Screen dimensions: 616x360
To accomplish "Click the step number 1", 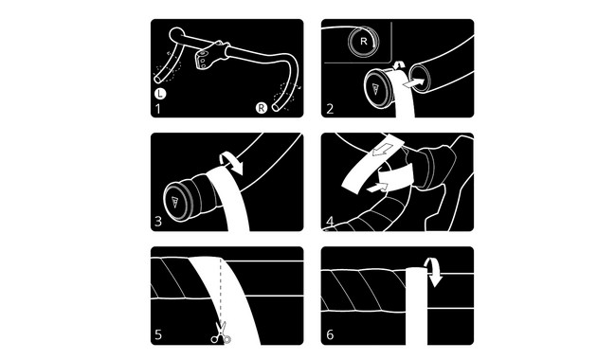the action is point(158,108).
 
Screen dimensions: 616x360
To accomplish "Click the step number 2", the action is point(330,108).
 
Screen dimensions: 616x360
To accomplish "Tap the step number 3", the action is point(158,221).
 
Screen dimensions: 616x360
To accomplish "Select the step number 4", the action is point(330,222).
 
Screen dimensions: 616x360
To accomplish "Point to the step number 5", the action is point(158,334).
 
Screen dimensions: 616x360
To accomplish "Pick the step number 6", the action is point(330,334).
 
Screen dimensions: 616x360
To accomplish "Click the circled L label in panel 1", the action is point(160,94).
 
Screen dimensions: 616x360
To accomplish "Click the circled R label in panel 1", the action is point(262,108).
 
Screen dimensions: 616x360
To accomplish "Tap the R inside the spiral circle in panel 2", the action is point(363,42).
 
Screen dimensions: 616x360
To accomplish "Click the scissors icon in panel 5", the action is point(221,333).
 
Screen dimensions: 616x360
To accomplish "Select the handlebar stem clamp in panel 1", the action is point(210,55).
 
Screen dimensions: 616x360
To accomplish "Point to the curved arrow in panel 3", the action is point(233,162).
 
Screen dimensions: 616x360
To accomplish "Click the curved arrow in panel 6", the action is point(434,271).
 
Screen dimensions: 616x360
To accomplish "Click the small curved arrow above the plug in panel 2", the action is point(398,65).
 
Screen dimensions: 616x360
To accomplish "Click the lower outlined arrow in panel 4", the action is point(377,187).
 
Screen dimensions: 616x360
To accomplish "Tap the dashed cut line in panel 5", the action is point(221,291).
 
